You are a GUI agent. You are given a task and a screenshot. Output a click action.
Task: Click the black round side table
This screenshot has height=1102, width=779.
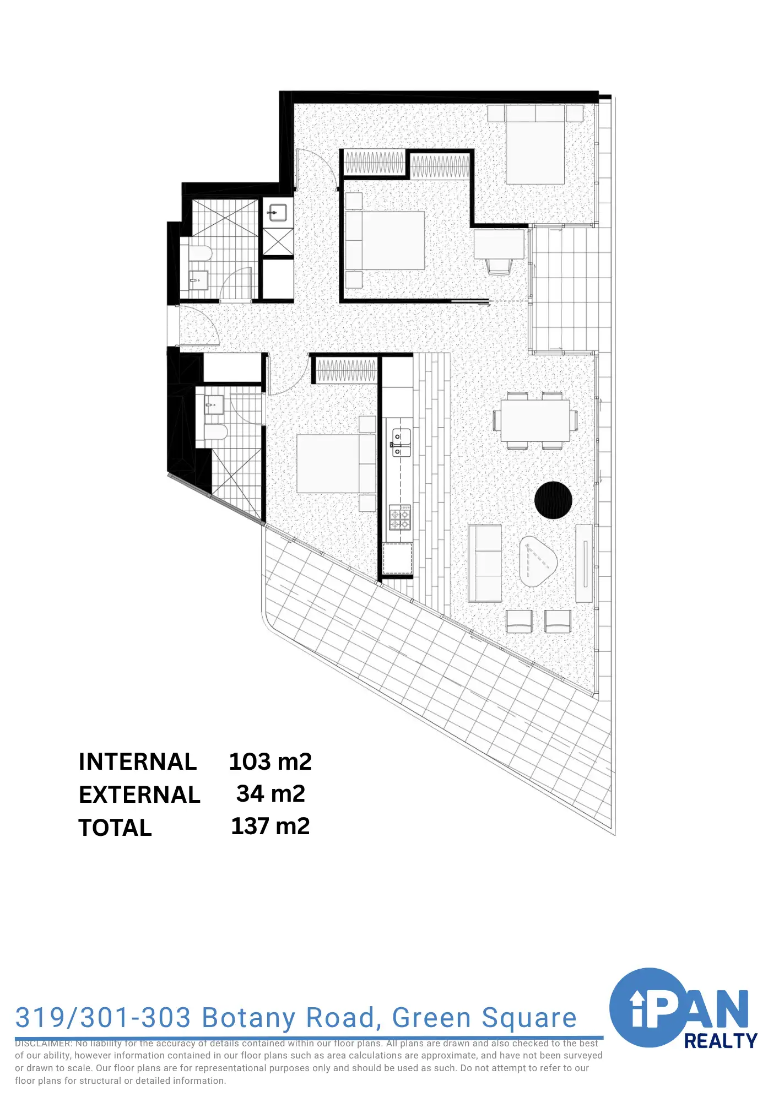tap(553, 500)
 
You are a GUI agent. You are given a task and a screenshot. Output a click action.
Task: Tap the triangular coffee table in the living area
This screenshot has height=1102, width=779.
tap(537, 561)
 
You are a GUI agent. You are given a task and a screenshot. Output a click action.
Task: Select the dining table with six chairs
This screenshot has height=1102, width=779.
tap(535, 420)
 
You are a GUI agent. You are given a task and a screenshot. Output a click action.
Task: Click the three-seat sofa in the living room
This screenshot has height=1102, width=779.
tap(485, 563)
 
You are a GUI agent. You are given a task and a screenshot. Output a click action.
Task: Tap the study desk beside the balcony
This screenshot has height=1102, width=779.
tap(499, 244)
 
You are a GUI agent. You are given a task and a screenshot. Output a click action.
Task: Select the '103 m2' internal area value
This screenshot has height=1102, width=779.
tap(270, 761)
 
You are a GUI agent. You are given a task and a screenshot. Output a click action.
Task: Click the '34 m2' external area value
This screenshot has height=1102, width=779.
tap(271, 793)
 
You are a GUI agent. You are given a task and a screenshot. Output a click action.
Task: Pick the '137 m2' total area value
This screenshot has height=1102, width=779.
tap(270, 826)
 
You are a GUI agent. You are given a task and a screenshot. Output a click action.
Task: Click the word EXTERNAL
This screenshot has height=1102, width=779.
tap(139, 795)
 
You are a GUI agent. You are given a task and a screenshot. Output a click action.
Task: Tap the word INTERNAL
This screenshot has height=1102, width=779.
tap(138, 761)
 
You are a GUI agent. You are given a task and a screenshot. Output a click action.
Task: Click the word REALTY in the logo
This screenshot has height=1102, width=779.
tap(720, 1041)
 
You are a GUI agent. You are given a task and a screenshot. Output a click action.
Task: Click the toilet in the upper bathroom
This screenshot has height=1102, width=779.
tap(199, 254)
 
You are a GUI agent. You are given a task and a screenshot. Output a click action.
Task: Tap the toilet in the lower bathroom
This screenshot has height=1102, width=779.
tap(215, 431)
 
